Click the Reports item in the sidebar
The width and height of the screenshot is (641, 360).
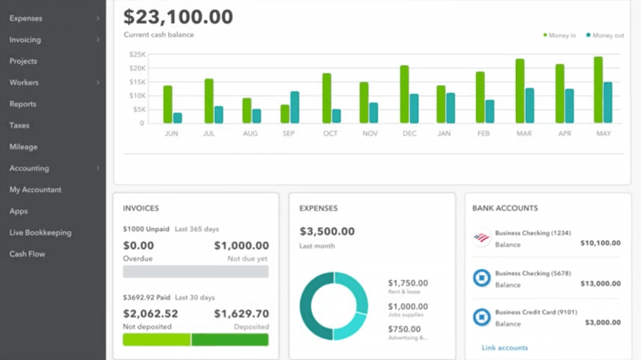(x=23, y=104)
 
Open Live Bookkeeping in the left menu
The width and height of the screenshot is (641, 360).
(x=40, y=232)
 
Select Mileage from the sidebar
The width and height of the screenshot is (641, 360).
(x=23, y=147)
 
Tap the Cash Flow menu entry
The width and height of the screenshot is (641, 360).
(x=27, y=254)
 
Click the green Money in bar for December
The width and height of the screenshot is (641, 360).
(x=404, y=95)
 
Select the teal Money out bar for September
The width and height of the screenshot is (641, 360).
(x=295, y=107)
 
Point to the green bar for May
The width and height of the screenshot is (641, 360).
(x=598, y=90)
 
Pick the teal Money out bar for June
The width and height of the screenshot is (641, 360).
(x=178, y=118)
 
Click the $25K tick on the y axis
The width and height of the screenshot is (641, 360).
(x=136, y=54)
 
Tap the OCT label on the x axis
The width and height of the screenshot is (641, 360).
(x=331, y=133)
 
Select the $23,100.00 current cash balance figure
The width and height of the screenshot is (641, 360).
(x=178, y=16)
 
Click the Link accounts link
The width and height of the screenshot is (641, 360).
(x=505, y=347)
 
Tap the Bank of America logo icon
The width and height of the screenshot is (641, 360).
(x=481, y=239)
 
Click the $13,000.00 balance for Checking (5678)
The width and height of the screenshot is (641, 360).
(x=599, y=284)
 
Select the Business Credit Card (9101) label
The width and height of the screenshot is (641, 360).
(x=536, y=312)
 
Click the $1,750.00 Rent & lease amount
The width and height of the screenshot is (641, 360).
(x=408, y=283)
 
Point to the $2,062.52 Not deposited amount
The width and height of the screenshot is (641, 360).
(x=151, y=314)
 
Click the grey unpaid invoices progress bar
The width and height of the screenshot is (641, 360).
(x=195, y=271)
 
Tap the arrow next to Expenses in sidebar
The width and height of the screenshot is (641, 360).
(x=98, y=19)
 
